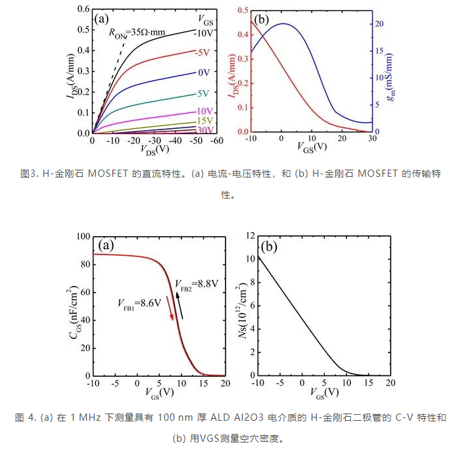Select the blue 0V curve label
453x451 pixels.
pos(203,72)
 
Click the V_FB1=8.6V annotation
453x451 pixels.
pos(139,304)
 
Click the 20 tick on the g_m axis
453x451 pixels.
pos(380,24)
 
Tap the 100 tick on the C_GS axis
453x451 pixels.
pos(83,236)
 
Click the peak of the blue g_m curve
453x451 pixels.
pos(281,24)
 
